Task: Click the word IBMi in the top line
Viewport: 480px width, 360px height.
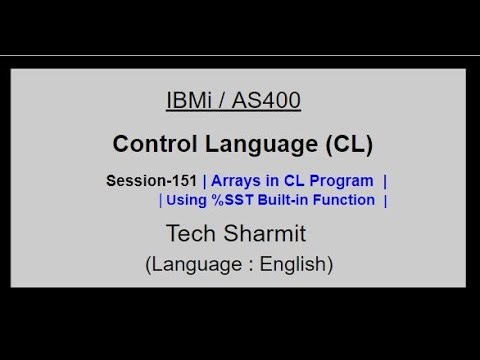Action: point(187,101)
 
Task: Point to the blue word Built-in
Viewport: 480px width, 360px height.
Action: point(287,200)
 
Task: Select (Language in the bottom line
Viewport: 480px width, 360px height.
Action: point(188,265)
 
